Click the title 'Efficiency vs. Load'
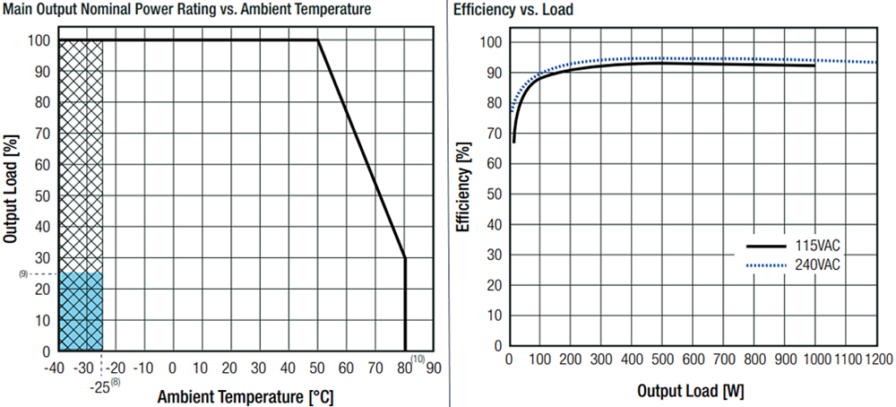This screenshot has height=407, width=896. (x=513, y=11)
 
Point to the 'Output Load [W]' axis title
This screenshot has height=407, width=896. (x=691, y=391)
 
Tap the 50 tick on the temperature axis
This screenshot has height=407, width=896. (x=317, y=367)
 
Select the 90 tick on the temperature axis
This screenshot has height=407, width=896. (x=433, y=367)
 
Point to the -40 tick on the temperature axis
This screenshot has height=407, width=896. (x=56, y=367)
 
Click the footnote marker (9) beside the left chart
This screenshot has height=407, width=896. (x=23, y=273)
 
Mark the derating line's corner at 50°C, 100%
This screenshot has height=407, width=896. (x=318, y=39)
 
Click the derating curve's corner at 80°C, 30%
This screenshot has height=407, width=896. (x=405, y=258)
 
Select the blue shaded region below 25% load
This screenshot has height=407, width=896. (x=81, y=311)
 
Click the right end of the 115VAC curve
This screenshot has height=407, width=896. (x=814, y=65)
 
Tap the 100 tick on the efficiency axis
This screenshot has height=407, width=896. (x=493, y=42)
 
